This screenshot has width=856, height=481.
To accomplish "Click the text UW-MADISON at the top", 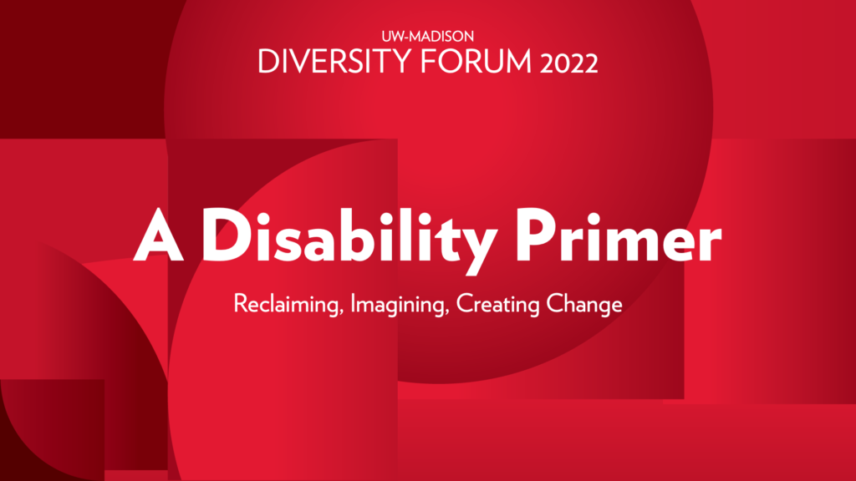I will click(427, 38).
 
